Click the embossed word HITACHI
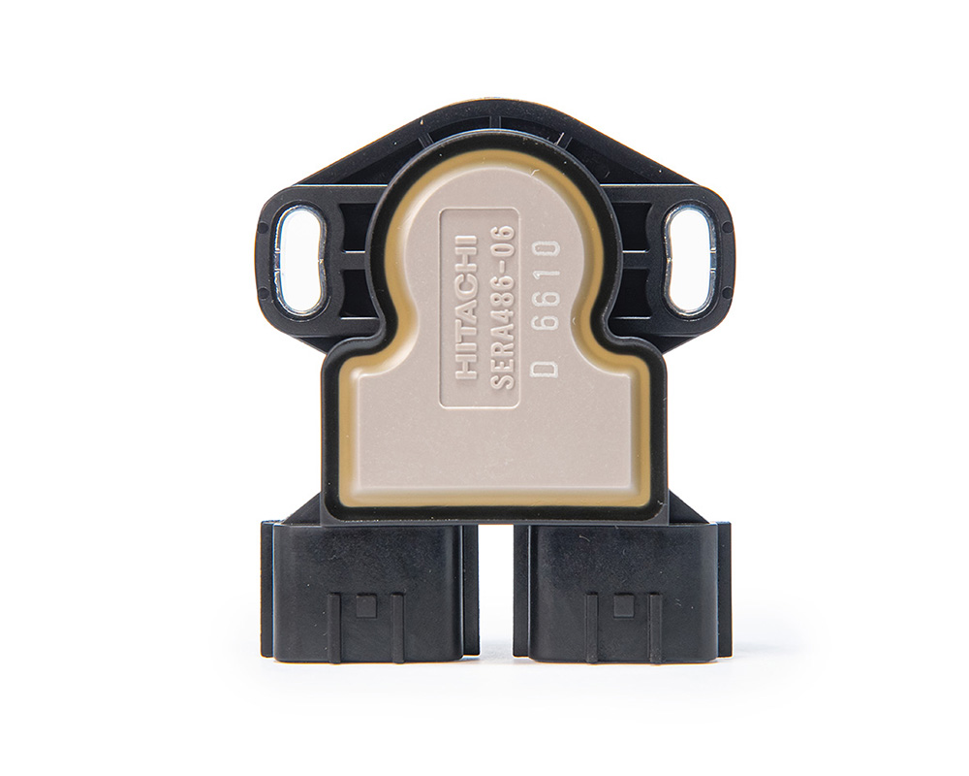[469, 306]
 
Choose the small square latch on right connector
[622, 606]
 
